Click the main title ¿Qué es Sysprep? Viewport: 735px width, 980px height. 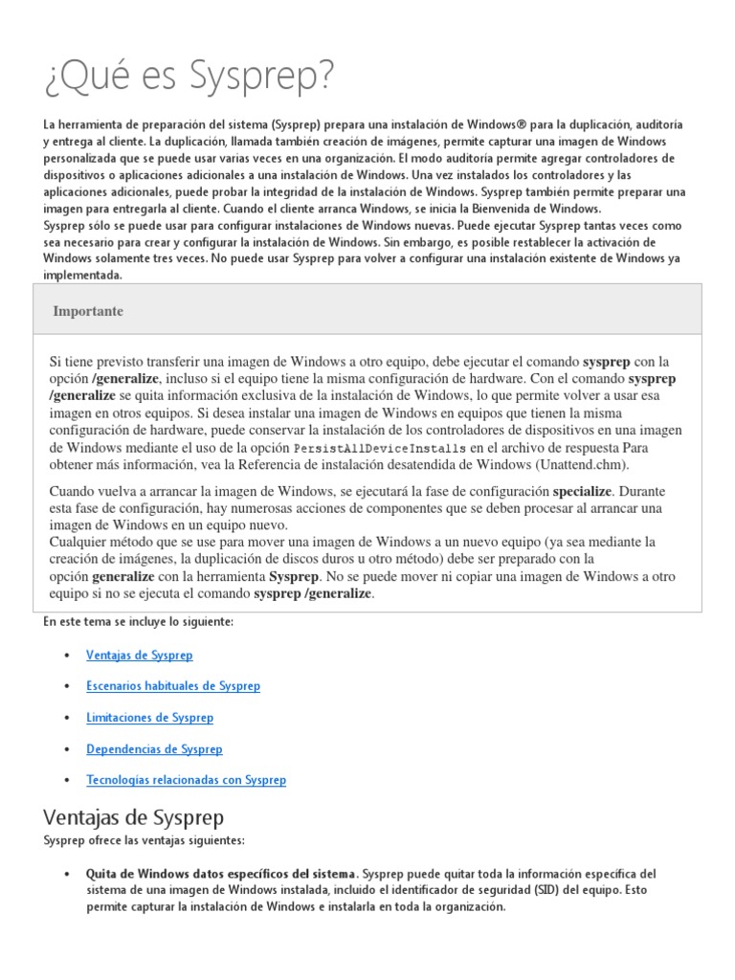[x=189, y=78]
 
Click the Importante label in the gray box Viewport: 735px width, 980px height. [x=88, y=311]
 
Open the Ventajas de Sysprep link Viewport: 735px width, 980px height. [x=139, y=656]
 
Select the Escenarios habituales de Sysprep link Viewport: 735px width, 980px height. [x=172, y=686]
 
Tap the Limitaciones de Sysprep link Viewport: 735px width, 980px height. [x=149, y=718]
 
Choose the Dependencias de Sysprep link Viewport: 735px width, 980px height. [x=154, y=749]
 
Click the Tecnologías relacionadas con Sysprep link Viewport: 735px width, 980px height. [x=186, y=780]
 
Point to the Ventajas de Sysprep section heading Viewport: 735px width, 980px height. [x=134, y=818]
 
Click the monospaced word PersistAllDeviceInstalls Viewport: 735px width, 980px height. [x=380, y=447]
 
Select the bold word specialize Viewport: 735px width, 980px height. [x=582, y=491]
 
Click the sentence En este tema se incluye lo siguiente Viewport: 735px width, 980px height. [x=139, y=622]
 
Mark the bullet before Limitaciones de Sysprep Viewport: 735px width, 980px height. [x=66, y=718]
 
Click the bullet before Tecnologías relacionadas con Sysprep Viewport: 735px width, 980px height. [x=66, y=780]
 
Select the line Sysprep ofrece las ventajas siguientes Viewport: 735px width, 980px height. [x=144, y=840]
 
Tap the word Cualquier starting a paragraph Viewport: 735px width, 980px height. [x=82, y=542]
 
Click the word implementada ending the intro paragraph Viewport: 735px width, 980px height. [x=82, y=275]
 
